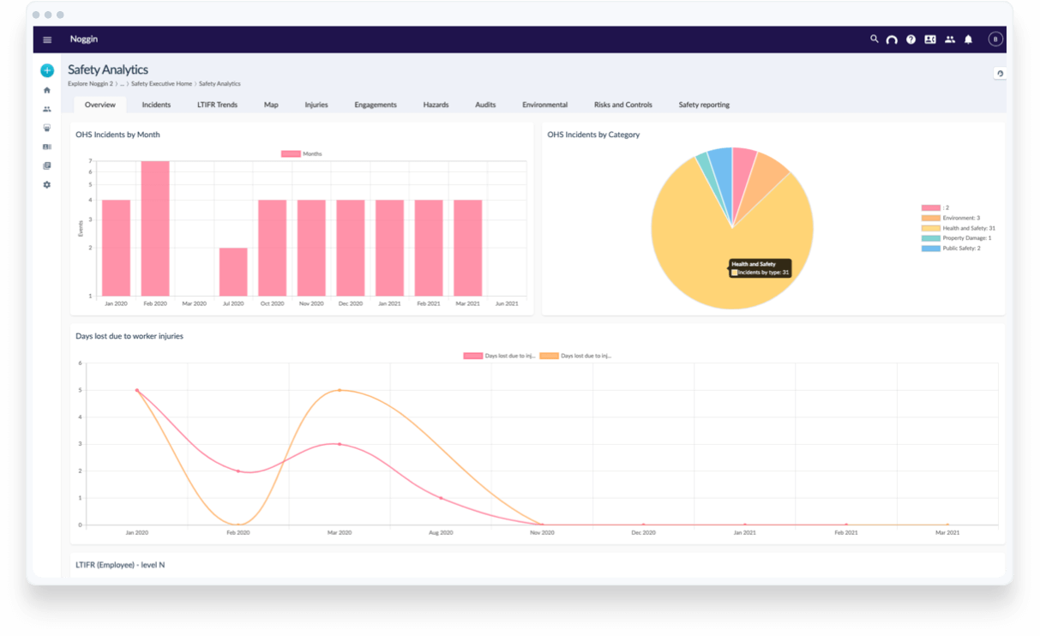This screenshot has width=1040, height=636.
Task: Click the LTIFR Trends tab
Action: (x=217, y=105)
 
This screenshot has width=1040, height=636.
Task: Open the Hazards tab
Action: (x=436, y=105)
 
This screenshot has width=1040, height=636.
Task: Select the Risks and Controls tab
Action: (x=622, y=105)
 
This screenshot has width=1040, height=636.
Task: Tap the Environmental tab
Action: (x=544, y=105)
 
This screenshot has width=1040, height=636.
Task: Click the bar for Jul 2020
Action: (x=233, y=272)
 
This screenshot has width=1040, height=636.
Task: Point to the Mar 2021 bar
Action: (x=467, y=248)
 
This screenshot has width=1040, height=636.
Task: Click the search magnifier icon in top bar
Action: (x=874, y=39)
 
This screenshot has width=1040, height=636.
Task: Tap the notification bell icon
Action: (x=968, y=39)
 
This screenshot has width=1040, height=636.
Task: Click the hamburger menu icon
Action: (x=47, y=39)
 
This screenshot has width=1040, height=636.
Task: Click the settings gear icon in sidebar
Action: (x=47, y=184)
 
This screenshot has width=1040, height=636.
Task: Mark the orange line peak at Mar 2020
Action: (x=340, y=390)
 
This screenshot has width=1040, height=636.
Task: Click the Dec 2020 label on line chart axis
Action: (x=643, y=533)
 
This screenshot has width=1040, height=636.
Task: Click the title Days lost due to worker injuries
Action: (x=129, y=336)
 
